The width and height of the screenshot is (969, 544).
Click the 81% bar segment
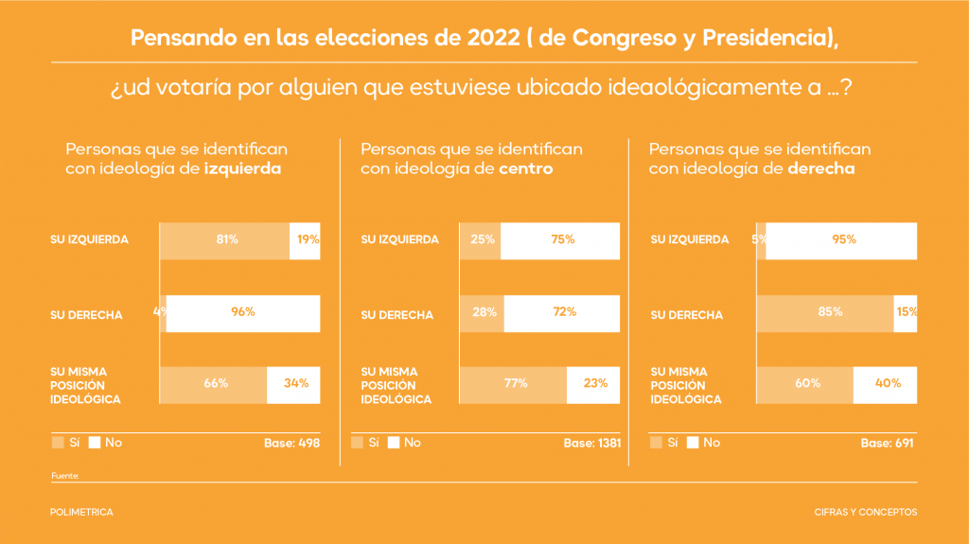[x=225, y=240]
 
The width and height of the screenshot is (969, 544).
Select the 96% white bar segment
[x=243, y=313]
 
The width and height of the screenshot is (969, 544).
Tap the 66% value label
[x=216, y=384]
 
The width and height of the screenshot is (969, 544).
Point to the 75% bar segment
[x=561, y=240]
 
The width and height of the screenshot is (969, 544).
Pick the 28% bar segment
[x=482, y=313]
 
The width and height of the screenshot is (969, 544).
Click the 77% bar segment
[x=514, y=384]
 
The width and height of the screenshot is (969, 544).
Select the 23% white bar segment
[x=594, y=384]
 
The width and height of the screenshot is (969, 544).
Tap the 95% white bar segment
[x=841, y=240]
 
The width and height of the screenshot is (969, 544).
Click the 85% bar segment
[x=826, y=313]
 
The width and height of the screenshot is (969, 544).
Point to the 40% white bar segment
[x=885, y=384]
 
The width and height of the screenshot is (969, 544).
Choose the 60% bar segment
[x=805, y=384]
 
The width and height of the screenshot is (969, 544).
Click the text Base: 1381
[x=591, y=443]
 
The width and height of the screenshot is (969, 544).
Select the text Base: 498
[x=293, y=443]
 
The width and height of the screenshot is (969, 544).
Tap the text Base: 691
[x=887, y=443]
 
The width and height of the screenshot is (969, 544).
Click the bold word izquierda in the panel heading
[x=243, y=169]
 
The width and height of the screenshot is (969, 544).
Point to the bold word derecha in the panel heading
[x=821, y=169]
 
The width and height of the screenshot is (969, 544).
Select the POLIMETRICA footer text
[x=81, y=512]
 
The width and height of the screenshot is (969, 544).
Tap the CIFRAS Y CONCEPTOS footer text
[x=865, y=512]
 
